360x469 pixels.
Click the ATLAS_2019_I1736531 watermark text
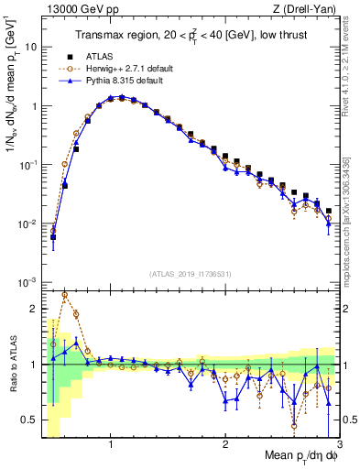click(191, 273)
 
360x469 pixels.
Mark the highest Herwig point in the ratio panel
click(64, 295)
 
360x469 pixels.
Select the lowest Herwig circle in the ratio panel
click(294, 425)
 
